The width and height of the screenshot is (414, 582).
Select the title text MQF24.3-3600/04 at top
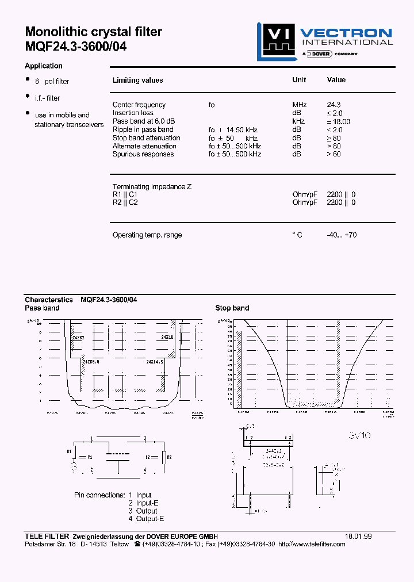coord(76,47)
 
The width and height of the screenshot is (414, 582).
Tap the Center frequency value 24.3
coord(333,105)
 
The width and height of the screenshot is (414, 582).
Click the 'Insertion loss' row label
coord(133,113)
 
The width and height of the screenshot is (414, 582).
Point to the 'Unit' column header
coord(299,80)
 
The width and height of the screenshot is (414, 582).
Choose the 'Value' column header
coord(336,80)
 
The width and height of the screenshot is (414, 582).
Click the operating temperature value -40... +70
coord(342,235)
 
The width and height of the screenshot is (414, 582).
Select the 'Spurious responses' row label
coord(143,154)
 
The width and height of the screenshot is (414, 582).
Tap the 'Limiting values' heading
coord(137,81)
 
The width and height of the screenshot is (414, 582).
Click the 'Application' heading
coord(44,66)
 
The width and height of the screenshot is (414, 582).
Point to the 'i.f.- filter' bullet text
coord(47,98)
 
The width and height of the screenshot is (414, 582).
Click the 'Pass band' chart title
coord(42,308)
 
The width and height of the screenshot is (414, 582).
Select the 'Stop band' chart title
coord(232,308)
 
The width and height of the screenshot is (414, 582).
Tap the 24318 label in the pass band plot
coord(167,337)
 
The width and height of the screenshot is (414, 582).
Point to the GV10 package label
coord(359,436)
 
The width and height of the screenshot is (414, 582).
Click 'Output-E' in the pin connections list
coord(150,519)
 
